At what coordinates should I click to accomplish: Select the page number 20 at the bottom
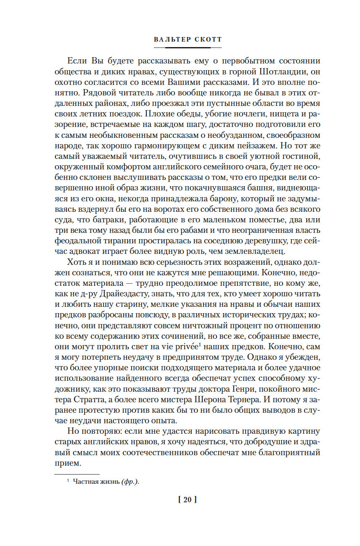tap(188, 500)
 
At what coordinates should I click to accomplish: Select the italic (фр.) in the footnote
tap(130, 482)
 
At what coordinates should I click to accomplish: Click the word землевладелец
tap(259, 252)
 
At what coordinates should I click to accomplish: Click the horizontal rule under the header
tap(188, 47)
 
